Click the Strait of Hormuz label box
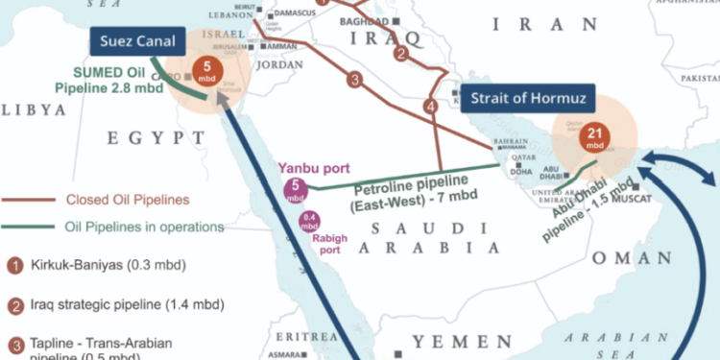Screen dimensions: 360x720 click(527, 99)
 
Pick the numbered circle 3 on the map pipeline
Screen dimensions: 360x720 click(355, 80)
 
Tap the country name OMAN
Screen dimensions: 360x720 click(631, 258)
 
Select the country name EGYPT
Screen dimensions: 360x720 click(144, 139)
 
